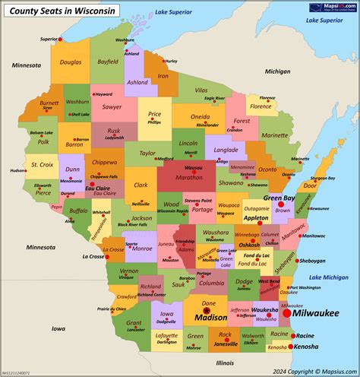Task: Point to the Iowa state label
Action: [58, 328]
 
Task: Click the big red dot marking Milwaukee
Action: [286, 312]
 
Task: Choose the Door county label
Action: [310, 185]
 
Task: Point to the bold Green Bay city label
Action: [279, 198]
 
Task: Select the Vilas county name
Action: [201, 90]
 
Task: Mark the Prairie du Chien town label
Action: [112, 309]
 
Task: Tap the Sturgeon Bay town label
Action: [322, 178]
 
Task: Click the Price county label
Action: [154, 114]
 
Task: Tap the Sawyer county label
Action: [112, 107]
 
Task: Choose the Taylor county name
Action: [147, 153]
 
